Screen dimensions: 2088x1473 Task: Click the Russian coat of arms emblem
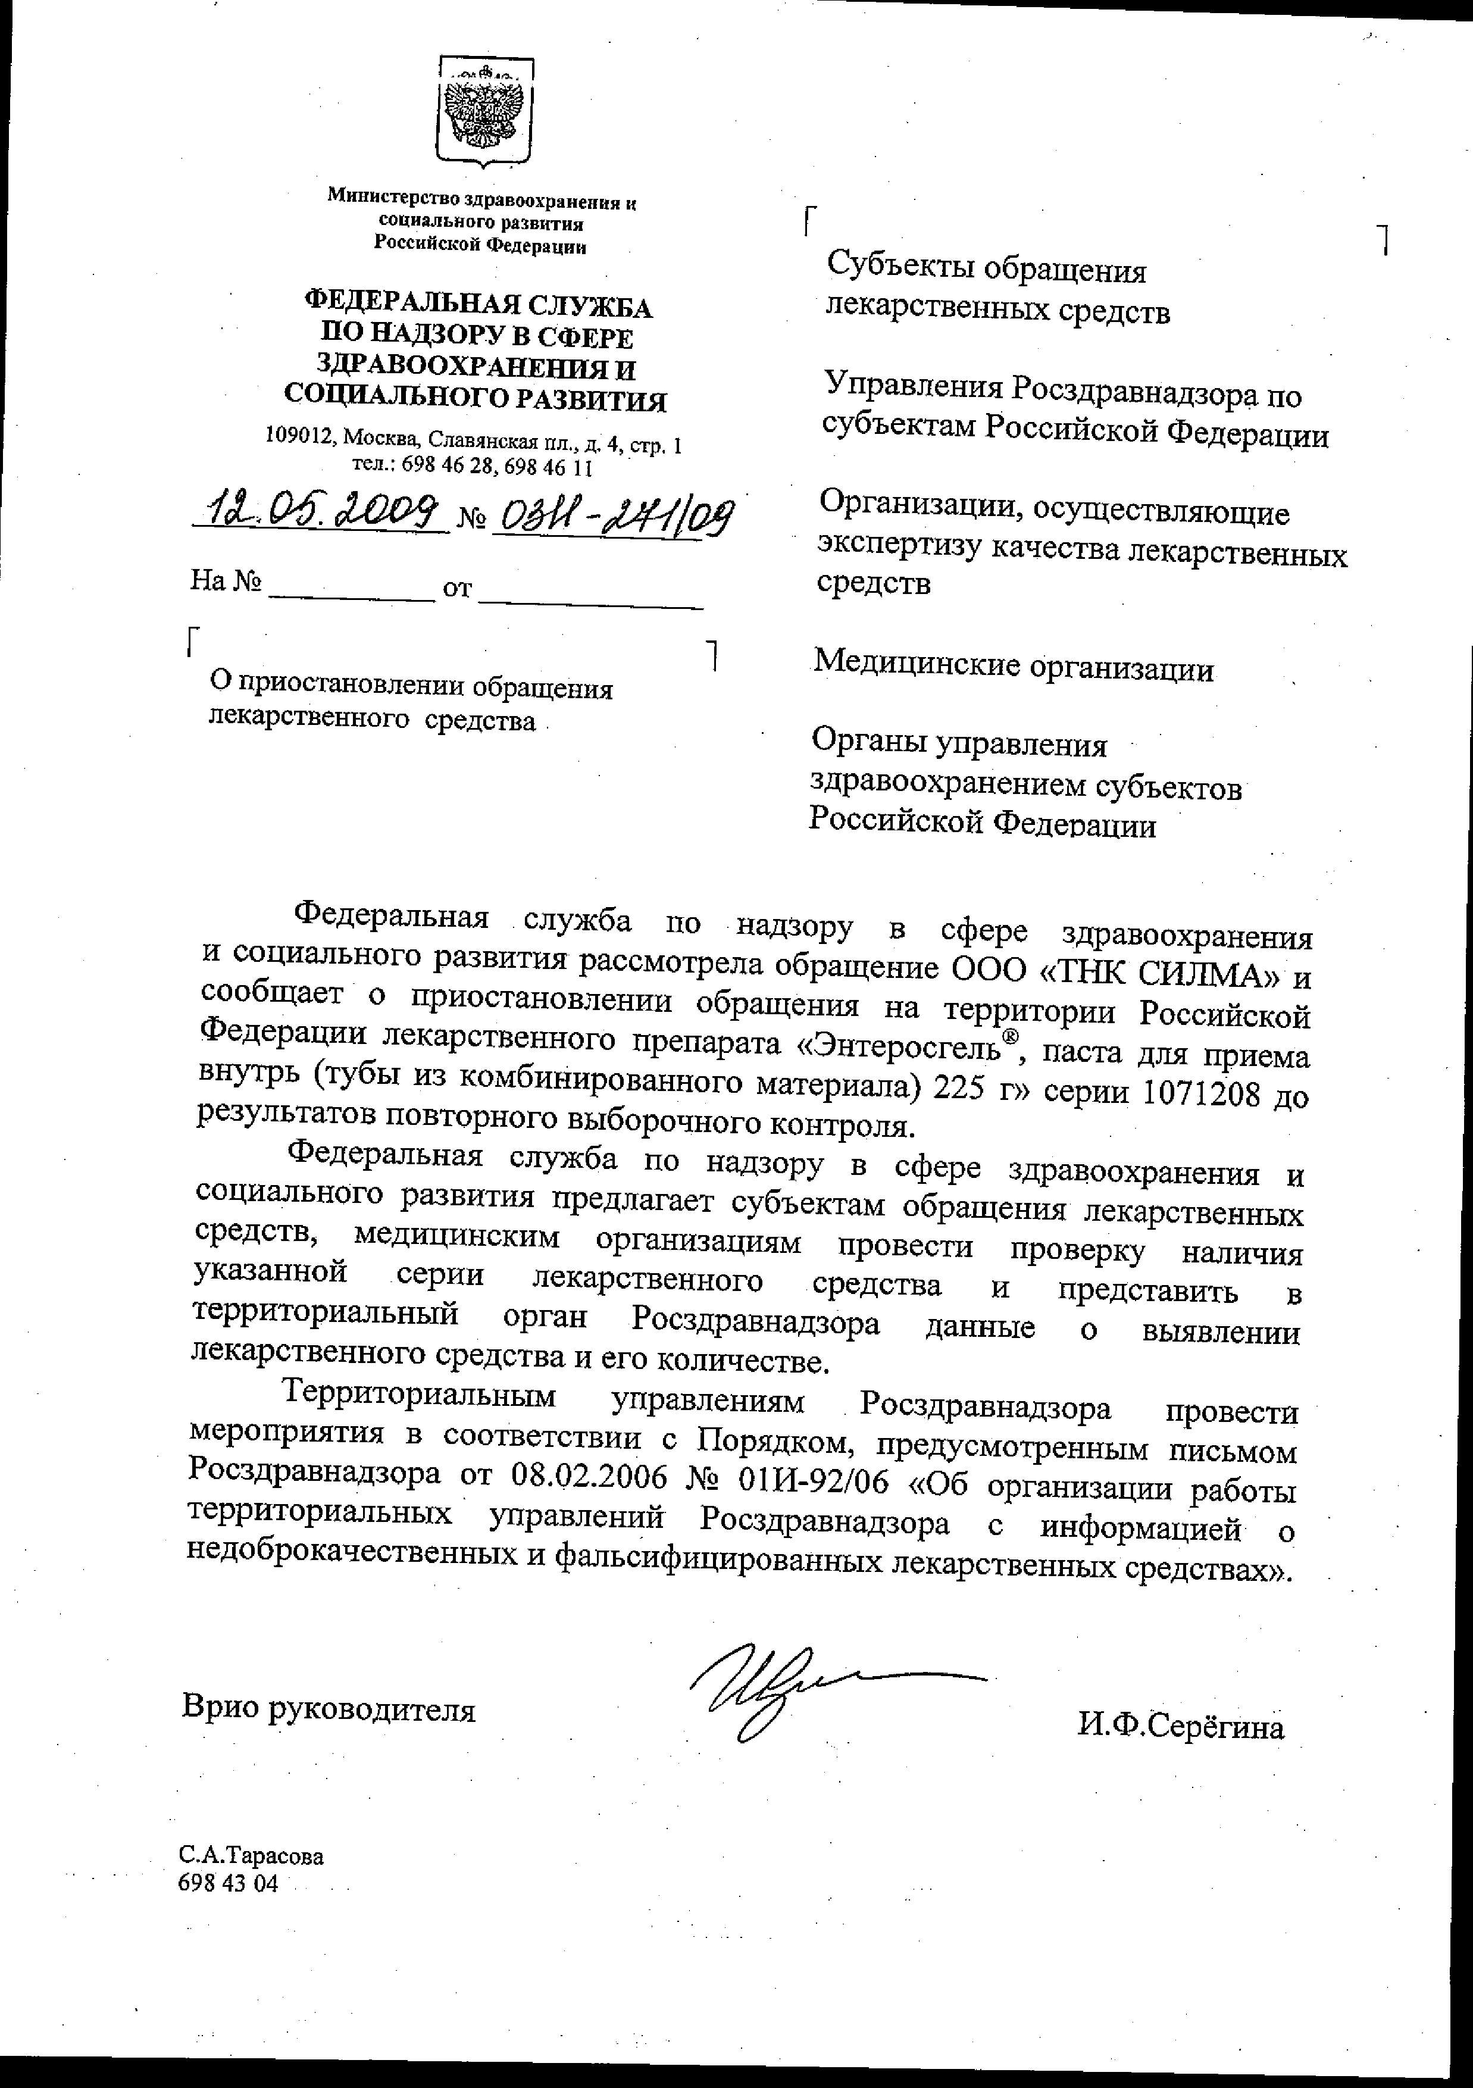[x=484, y=111]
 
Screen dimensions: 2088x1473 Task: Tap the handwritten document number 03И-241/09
[x=611, y=518]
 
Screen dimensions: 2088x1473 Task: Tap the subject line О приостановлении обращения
[x=411, y=687]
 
